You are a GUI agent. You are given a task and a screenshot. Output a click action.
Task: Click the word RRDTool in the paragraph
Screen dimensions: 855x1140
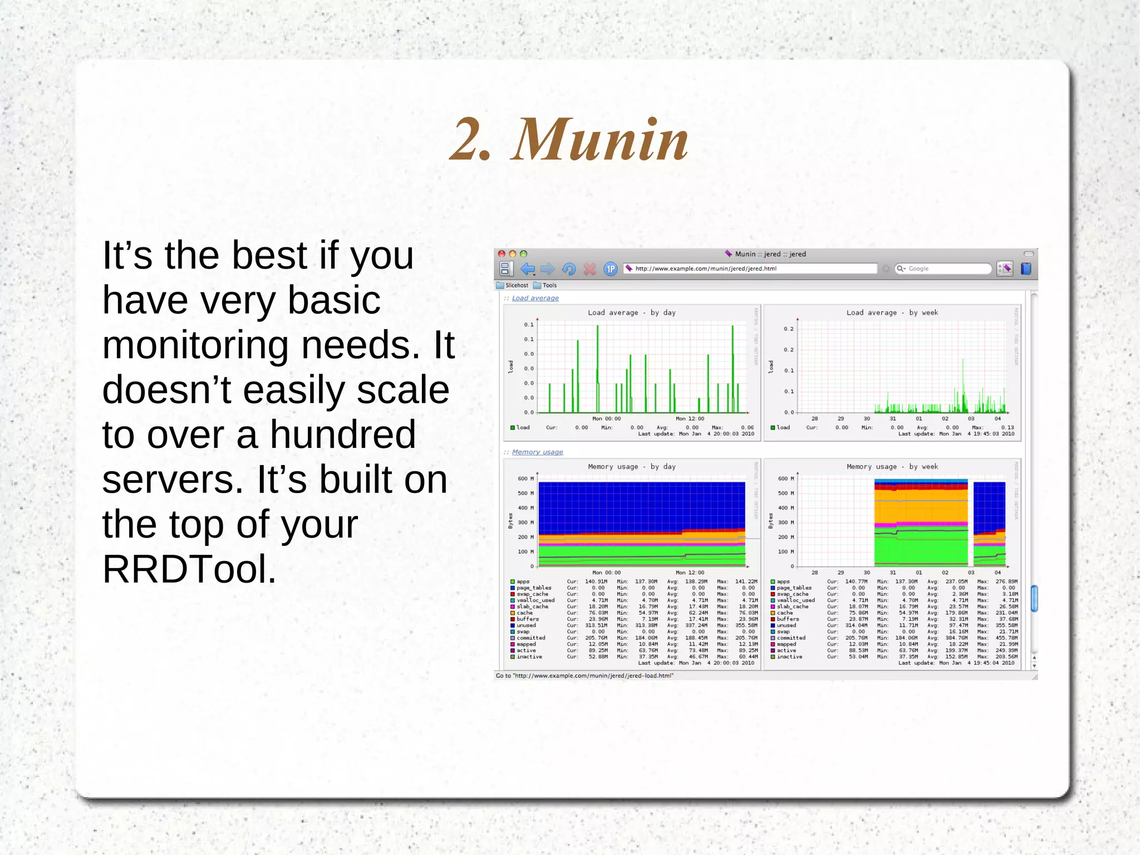click(x=189, y=569)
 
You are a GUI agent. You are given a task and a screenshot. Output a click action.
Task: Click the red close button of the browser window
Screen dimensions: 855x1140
click(x=502, y=254)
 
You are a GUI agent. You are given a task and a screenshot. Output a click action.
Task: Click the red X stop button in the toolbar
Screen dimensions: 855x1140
click(x=589, y=269)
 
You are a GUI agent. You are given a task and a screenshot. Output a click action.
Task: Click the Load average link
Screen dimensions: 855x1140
click(x=535, y=298)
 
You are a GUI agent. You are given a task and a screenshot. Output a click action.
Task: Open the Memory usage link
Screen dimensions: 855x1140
click(x=537, y=452)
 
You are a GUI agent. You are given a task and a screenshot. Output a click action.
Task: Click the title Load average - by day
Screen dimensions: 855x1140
click(x=632, y=312)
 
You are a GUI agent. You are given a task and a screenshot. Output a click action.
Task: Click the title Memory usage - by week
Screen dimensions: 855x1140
click(x=892, y=467)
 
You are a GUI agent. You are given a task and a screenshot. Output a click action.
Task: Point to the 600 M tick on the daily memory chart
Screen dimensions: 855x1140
click(x=525, y=478)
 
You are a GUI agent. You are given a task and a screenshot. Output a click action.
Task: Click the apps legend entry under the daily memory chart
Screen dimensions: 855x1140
click(x=523, y=582)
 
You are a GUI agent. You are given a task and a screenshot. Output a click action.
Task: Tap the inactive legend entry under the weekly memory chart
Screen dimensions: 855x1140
click(x=789, y=657)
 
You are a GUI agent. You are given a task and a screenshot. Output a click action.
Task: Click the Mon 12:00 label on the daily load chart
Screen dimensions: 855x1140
click(x=690, y=418)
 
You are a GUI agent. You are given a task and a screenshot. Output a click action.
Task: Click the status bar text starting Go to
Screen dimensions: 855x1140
click(x=584, y=676)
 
